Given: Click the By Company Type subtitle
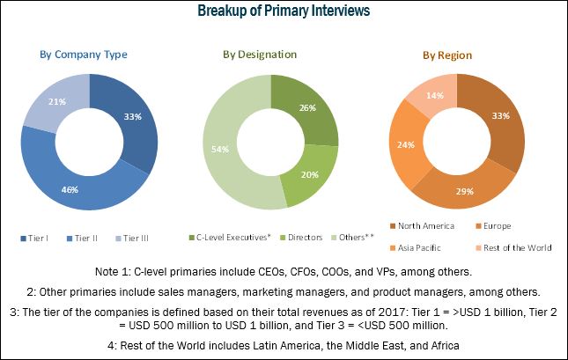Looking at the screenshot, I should [84, 55].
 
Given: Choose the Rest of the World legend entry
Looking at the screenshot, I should [516, 247].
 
